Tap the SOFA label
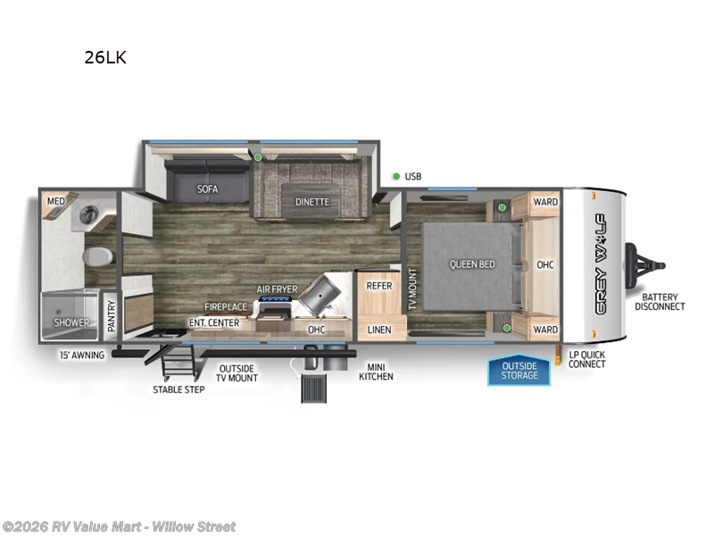(x=207, y=189)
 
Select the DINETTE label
(x=311, y=202)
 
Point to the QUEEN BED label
(x=472, y=264)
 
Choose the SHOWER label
(x=71, y=322)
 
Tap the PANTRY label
(x=112, y=316)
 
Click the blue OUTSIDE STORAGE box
(x=519, y=371)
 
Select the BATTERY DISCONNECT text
(x=660, y=302)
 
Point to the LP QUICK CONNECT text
(x=586, y=359)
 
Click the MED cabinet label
(x=55, y=202)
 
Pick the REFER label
(x=379, y=286)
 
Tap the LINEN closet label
(x=379, y=330)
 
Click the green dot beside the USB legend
(x=395, y=176)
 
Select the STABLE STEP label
(x=178, y=389)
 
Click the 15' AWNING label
(x=83, y=355)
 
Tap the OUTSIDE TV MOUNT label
(x=237, y=373)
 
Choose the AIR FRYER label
(x=278, y=289)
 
